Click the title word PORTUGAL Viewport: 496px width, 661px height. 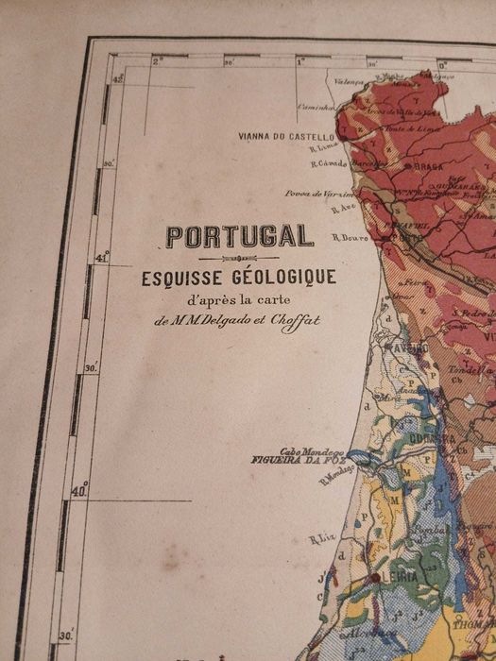click(x=239, y=236)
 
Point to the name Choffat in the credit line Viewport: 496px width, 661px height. click(x=297, y=320)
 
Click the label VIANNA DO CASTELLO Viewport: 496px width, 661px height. click(x=287, y=136)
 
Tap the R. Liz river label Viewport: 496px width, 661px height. click(x=321, y=540)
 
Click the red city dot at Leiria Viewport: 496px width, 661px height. click(x=376, y=577)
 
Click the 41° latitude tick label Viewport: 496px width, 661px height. click(x=102, y=256)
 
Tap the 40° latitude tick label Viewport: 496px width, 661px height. click(x=80, y=490)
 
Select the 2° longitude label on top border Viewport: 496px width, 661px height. click(x=158, y=60)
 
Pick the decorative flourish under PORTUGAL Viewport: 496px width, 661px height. click(x=239, y=258)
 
